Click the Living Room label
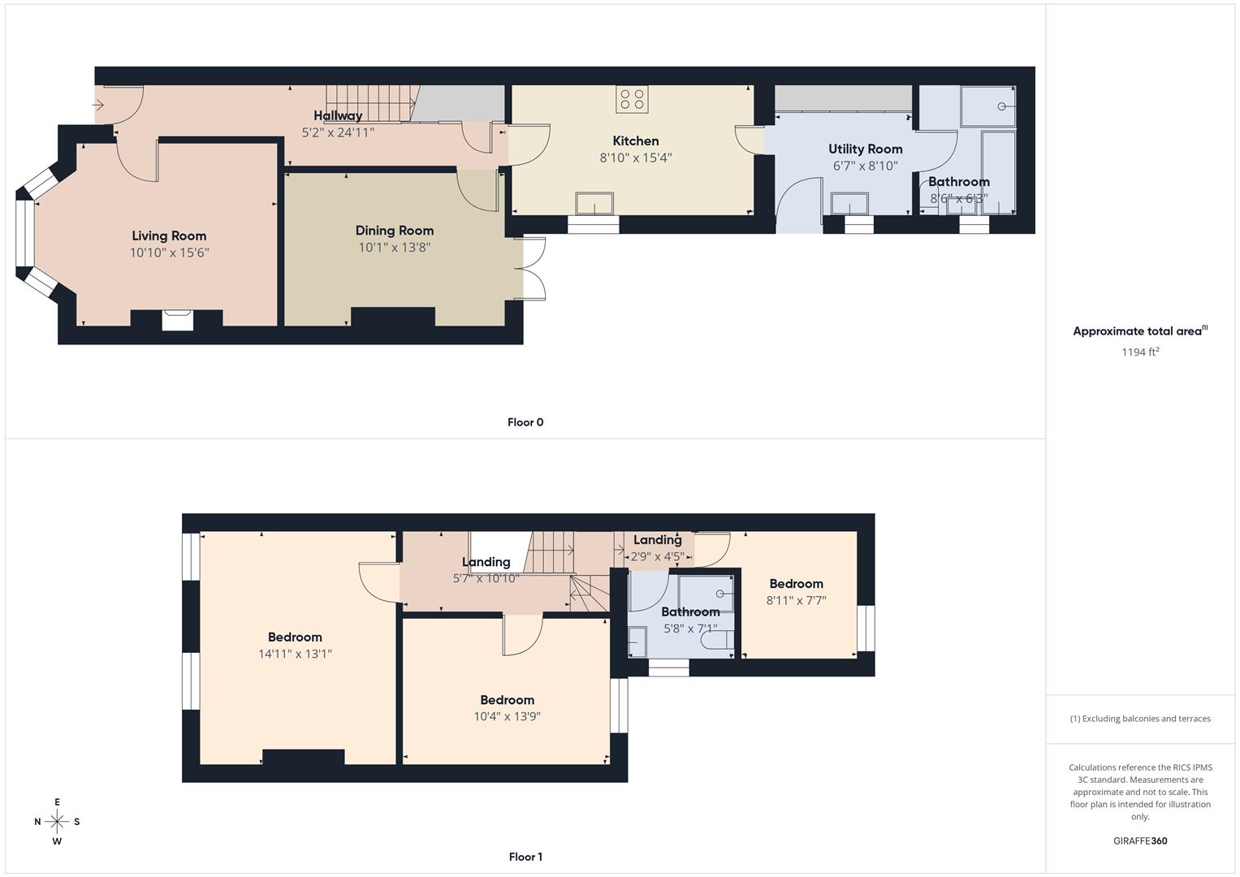(169, 236)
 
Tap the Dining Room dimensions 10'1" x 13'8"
(394, 248)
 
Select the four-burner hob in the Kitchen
(632, 100)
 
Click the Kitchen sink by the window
(594, 203)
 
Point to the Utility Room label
(865, 149)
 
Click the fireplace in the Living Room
(177, 320)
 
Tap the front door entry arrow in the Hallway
(99, 105)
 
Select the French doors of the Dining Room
(533, 269)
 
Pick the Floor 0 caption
(525, 422)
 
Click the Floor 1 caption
(525, 857)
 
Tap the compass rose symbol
(57, 822)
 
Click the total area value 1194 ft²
(1139, 352)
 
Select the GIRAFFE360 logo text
(1139, 840)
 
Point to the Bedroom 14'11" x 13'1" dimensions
(295, 654)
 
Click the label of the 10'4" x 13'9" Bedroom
(507, 700)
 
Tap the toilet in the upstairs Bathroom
(717, 641)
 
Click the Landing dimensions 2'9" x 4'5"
(658, 557)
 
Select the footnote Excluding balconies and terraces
(1139, 719)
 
